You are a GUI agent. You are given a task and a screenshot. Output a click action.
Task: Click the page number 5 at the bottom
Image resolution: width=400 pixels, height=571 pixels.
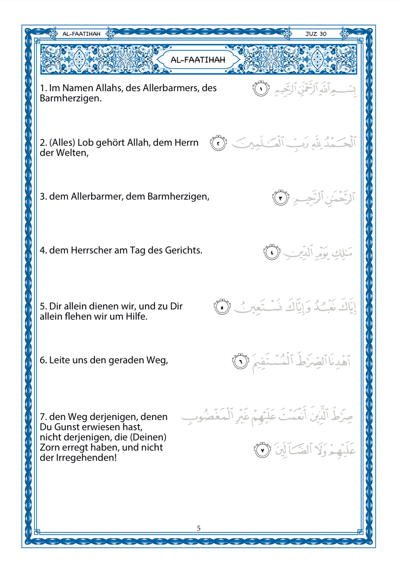tap(199, 528)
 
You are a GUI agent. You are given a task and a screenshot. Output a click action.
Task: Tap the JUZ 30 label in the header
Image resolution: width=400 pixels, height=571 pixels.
tap(316, 34)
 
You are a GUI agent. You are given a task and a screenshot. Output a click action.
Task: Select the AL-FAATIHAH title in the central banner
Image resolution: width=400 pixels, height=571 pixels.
tap(198, 59)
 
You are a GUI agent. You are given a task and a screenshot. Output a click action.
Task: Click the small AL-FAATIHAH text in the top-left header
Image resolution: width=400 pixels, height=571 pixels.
tap(81, 34)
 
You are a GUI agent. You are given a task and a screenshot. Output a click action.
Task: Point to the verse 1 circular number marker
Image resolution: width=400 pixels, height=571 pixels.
tap(261, 89)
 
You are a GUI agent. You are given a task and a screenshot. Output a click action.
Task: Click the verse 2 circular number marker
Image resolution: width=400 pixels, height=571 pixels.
tap(218, 143)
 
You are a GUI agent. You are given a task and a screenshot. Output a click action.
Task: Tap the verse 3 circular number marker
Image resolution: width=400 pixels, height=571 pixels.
tap(281, 198)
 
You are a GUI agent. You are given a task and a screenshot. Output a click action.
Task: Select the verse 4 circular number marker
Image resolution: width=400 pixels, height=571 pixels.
tap(272, 252)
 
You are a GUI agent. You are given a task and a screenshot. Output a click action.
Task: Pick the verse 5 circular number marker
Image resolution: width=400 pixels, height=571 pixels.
tap(222, 307)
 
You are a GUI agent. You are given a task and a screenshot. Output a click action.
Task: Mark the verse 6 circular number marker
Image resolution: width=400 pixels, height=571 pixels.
tap(240, 362)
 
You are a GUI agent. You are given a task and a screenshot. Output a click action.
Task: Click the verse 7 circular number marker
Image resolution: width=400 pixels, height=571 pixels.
tap(262, 450)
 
